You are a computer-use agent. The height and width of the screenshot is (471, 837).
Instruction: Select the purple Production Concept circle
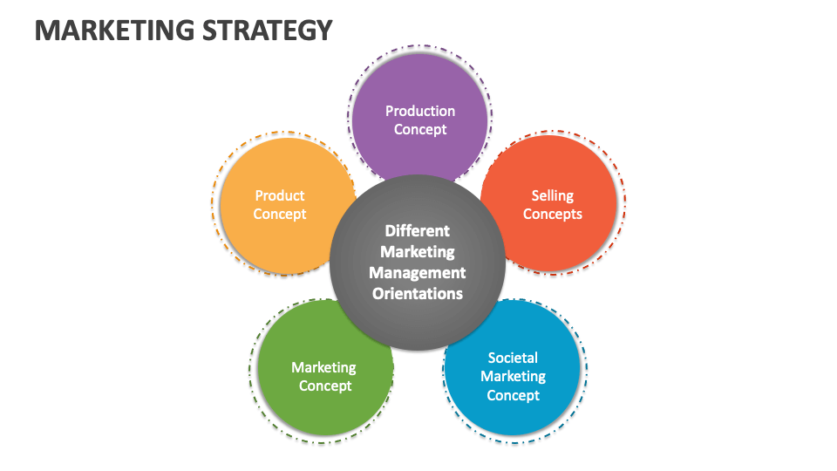(x=419, y=96)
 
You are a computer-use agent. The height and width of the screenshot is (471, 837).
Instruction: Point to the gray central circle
(x=418, y=262)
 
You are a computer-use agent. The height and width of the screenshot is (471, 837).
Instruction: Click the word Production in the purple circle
(x=420, y=111)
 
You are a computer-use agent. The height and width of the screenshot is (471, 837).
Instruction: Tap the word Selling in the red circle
(x=553, y=195)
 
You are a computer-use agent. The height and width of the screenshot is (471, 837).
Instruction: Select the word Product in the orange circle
(x=280, y=195)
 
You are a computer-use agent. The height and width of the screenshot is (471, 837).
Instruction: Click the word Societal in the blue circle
(x=513, y=358)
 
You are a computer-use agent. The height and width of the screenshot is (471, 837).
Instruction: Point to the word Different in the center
(x=418, y=231)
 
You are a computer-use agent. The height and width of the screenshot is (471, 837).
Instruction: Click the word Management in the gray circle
(x=418, y=273)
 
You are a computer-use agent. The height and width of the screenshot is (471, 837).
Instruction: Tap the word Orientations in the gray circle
(x=418, y=294)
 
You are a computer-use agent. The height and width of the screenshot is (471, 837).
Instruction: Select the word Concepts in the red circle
(x=553, y=215)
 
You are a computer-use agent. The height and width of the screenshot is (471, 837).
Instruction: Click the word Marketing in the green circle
(x=323, y=367)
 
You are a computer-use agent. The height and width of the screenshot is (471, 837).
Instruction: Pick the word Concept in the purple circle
(x=420, y=130)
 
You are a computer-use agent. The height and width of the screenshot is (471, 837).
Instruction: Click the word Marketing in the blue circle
(x=513, y=377)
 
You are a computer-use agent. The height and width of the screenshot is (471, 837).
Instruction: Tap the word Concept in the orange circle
(x=280, y=215)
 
